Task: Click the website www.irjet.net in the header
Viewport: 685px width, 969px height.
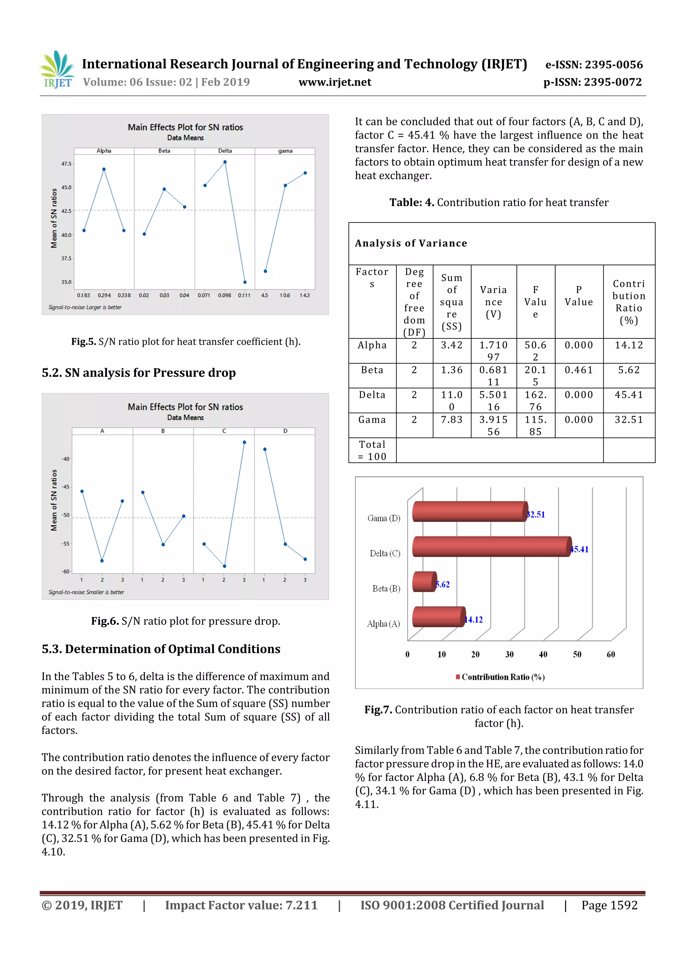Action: [335, 82]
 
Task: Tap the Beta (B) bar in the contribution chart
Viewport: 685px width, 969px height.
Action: [424, 582]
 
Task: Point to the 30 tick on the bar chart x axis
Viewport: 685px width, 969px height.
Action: [509, 655]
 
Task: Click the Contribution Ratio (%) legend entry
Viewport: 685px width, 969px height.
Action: [501, 677]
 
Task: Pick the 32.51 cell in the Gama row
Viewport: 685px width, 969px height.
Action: [628, 419]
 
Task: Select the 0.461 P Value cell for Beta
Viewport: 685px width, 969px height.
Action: [579, 370]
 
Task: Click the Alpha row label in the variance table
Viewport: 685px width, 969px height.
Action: [372, 345]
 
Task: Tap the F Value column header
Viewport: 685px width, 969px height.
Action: [535, 302]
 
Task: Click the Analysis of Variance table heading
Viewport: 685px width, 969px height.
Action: [411, 243]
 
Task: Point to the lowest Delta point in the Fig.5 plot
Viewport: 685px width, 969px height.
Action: [245, 282]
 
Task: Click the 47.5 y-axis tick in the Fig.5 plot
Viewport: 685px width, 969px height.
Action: [66, 164]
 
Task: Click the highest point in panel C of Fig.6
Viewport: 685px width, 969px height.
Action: [244, 442]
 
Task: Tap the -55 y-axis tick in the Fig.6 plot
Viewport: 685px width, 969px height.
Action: [66, 544]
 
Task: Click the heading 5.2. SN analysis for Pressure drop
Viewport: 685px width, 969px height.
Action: [138, 373]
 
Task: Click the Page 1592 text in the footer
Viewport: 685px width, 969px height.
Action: [609, 905]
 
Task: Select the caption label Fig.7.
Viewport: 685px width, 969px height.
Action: [378, 710]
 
